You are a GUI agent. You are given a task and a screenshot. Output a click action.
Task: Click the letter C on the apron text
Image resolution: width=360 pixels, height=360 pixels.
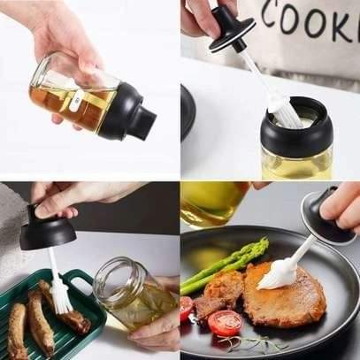(x=265, y=20)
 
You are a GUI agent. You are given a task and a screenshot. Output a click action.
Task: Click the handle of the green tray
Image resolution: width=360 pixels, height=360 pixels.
(x=84, y=281)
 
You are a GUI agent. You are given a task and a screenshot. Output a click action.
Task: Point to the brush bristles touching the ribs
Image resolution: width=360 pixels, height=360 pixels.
(x=60, y=296)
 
